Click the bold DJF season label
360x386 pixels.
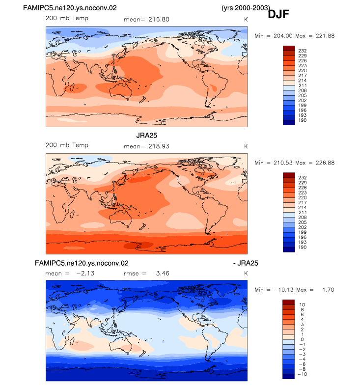click(x=278, y=14)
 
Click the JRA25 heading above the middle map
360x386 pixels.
click(x=146, y=136)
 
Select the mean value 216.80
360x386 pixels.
click(x=159, y=20)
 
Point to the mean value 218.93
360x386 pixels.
click(x=159, y=146)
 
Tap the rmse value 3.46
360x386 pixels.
click(x=163, y=273)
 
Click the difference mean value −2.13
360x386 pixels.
click(x=85, y=273)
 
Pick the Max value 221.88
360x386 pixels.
click(x=325, y=36)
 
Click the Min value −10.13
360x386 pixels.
click(x=283, y=290)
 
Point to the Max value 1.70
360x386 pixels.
click(x=328, y=290)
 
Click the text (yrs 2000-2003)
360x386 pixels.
click(x=246, y=8)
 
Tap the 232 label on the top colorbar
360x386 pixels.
click(x=303, y=51)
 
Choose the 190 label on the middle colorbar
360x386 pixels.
click(x=303, y=247)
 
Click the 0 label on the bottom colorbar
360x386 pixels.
click(x=302, y=339)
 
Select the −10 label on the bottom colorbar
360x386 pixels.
click(x=302, y=374)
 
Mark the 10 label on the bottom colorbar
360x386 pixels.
click(x=302, y=305)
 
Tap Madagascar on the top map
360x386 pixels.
click(x=72, y=87)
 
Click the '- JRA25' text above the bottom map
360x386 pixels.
click(x=246, y=263)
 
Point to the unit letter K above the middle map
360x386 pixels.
click(x=246, y=146)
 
